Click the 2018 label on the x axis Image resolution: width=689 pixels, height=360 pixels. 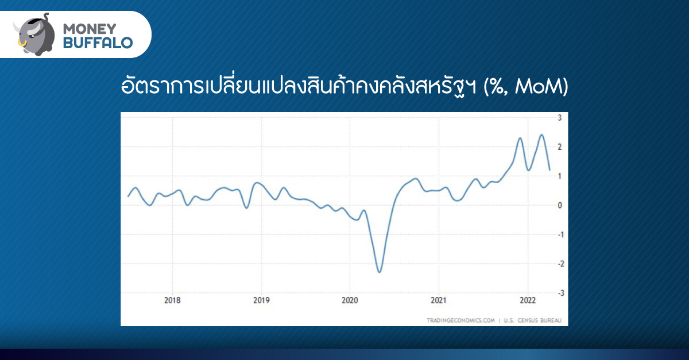tap(172, 300)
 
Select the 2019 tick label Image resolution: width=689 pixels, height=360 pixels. tap(261, 300)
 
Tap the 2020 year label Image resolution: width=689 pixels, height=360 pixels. tap(350, 300)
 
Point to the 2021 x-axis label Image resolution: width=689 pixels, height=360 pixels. tap(438, 300)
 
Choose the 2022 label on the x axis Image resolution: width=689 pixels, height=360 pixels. tap(528, 300)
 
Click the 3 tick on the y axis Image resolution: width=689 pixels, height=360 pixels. tap(560, 118)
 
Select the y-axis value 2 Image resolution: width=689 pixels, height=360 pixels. tap(560, 147)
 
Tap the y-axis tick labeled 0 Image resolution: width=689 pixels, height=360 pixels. tap(560, 205)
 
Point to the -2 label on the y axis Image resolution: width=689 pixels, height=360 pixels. tap(561, 264)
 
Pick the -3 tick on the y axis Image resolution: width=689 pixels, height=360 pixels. tap(561, 293)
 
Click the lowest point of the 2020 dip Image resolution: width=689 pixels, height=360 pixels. tap(380, 272)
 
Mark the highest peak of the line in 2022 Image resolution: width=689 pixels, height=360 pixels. tap(541, 135)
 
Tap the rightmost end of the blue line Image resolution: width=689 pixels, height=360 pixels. tap(550, 170)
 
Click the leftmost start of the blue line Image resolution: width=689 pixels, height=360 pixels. tap(128, 196)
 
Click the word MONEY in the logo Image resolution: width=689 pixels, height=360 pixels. tap(90, 29)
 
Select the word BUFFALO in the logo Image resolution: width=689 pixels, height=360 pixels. tap(98, 42)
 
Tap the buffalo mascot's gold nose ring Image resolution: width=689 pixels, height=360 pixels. tap(22, 43)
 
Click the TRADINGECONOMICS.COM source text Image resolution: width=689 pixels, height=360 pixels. tap(460, 320)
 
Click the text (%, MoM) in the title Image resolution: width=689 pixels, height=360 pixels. tap(526, 87)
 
